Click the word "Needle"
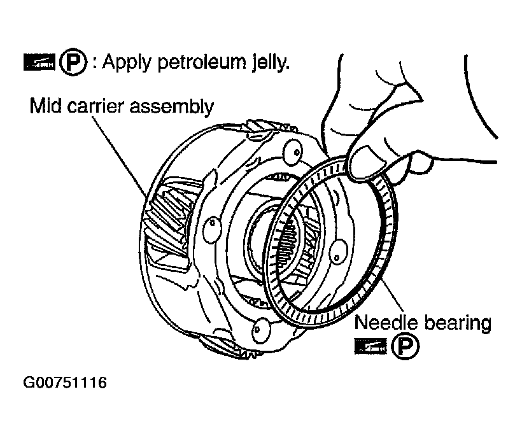point(382,323)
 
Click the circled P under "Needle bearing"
point(402,347)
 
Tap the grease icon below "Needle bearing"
point(369,347)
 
